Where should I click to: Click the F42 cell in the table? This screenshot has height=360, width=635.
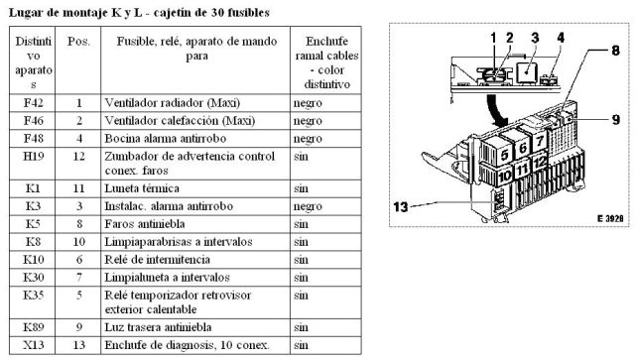pos(33,103)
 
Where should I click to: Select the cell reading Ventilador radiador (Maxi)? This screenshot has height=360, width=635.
pos(172,103)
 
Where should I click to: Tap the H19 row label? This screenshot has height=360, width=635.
pos(33,157)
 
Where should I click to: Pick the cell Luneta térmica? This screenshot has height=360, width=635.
pos(142,188)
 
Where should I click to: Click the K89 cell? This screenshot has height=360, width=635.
pos(33,327)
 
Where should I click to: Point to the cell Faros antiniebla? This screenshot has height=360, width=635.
pos(145,224)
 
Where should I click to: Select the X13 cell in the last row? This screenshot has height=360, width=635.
pos(33,345)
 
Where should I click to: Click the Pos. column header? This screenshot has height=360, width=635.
pos(78,42)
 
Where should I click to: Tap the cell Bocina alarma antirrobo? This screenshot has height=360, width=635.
pos(166,139)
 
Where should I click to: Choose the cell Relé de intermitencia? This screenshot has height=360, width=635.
pos(157,260)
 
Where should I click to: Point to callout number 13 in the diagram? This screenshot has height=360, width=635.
pos(401,207)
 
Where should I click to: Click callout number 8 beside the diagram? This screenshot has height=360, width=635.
pos(615,51)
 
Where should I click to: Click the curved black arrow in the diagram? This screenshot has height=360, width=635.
pos(496,111)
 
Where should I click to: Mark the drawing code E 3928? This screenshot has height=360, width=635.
pos(610,218)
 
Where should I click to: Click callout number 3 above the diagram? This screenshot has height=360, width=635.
pos(535,38)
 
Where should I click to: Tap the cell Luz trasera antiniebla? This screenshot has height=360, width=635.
pos(158,327)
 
